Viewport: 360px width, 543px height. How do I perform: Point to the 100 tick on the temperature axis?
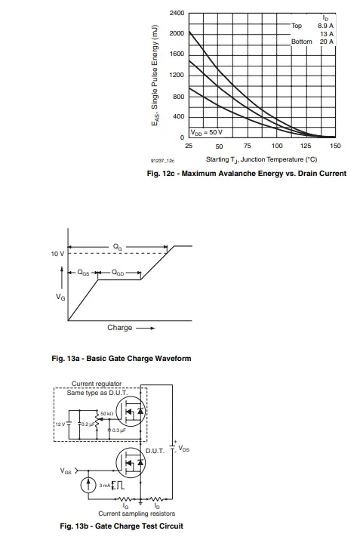click(276, 145)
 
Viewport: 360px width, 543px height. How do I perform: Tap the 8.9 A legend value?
click(326, 26)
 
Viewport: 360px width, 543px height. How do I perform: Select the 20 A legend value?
click(327, 42)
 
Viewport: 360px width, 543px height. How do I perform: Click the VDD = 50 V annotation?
click(206, 132)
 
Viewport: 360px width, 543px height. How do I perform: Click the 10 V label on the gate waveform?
click(57, 253)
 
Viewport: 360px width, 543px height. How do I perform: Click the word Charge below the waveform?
click(119, 328)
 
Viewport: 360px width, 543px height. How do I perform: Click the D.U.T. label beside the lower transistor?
click(155, 450)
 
